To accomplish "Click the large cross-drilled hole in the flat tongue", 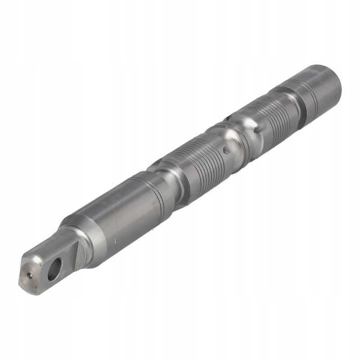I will click(x=54, y=269).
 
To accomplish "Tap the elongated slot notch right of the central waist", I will click(x=261, y=129).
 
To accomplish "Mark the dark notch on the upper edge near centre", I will click(x=228, y=118).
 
